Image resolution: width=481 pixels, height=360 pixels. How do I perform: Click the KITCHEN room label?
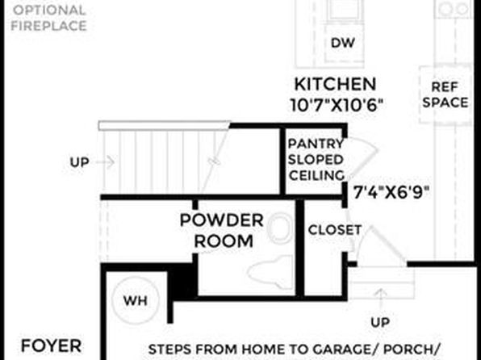(x=335, y=84)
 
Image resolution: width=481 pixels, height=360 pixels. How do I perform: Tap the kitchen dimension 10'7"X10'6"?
(x=337, y=105)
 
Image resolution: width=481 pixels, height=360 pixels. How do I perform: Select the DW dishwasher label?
(x=343, y=43)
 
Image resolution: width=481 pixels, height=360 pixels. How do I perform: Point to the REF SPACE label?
(x=445, y=94)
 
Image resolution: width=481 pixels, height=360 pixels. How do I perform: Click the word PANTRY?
(x=316, y=144)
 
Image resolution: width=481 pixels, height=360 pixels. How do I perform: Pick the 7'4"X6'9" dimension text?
(x=391, y=192)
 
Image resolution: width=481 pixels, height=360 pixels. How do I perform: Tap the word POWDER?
(x=221, y=220)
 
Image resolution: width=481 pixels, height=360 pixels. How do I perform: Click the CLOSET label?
(x=335, y=230)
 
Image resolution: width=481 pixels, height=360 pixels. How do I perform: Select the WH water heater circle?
(x=136, y=299)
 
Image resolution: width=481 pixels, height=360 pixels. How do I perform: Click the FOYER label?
(x=51, y=346)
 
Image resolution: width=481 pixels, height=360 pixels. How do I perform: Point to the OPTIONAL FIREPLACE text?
(x=48, y=18)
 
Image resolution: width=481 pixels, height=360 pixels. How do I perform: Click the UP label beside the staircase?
(x=79, y=162)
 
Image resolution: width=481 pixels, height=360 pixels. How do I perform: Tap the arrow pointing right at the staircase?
(x=105, y=161)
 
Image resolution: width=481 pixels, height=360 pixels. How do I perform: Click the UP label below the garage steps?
(x=380, y=322)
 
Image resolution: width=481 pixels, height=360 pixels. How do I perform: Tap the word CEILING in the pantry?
(x=316, y=175)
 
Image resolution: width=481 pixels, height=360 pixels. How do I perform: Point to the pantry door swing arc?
(x=363, y=158)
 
